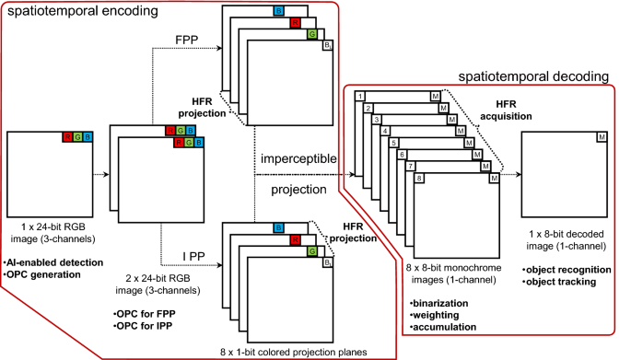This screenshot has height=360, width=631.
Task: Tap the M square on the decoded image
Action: click(x=602, y=137)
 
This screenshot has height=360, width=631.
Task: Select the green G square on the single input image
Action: click(x=78, y=137)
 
